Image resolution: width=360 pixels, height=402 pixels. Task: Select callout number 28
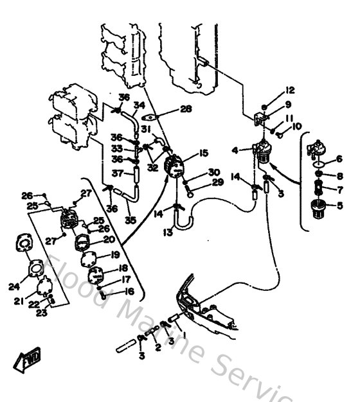[186, 109]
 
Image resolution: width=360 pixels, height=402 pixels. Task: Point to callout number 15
[203, 153]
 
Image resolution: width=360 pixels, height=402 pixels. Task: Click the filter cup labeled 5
[317, 209]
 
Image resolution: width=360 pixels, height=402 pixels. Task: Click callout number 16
[130, 291]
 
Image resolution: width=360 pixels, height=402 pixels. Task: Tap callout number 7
[339, 189]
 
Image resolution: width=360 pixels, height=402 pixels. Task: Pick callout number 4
[236, 151]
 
